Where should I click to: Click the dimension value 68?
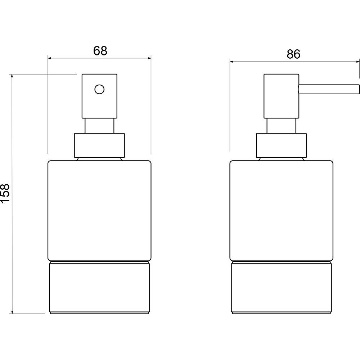tap(100, 51)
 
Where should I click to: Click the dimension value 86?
tap(293, 54)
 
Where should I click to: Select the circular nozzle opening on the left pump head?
tap(99, 89)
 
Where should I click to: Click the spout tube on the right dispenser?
tap(329, 89)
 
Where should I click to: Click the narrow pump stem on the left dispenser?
tap(99, 126)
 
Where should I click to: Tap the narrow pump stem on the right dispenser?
tap(281, 126)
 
